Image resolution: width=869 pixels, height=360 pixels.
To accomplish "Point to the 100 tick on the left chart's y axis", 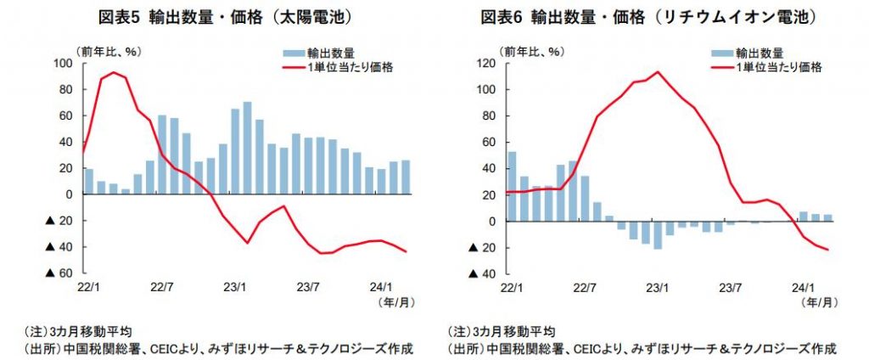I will (64, 63).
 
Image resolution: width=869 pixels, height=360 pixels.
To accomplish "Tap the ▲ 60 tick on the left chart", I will (58, 273).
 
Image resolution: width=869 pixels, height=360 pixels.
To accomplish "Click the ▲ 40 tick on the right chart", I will (483, 273).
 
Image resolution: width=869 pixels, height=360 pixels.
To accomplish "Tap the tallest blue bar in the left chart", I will (247, 148).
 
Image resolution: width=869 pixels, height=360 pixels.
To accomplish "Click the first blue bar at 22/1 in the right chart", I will (511, 186).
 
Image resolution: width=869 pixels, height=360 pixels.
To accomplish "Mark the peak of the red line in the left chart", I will (114, 72).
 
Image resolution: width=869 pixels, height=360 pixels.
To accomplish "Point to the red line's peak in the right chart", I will (656, 71).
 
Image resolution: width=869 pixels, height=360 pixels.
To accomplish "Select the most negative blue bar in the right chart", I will (657, 235).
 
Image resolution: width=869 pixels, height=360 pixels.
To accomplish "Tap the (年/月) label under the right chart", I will (821, 301).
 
